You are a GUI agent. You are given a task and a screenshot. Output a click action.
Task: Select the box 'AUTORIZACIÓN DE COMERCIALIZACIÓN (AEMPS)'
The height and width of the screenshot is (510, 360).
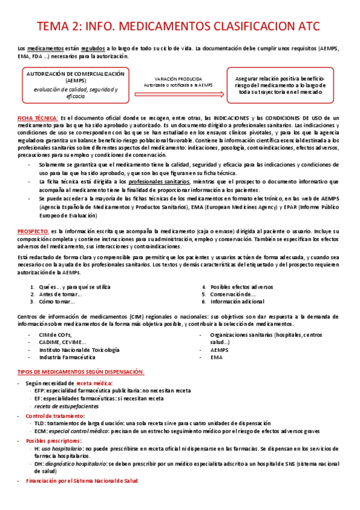(76, 84)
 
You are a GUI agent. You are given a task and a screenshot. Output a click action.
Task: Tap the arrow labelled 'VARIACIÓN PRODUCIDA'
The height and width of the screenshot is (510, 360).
(182, 82)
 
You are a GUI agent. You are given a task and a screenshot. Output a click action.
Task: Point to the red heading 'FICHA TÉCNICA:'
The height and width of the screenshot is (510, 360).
(38, 117)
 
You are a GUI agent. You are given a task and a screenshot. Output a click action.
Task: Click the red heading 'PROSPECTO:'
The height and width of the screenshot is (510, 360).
(35, 231)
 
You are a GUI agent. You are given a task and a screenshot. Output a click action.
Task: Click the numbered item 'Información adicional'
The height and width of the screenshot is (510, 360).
(236, 302)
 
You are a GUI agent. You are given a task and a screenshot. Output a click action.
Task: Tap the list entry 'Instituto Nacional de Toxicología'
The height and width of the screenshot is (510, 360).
(79, 349)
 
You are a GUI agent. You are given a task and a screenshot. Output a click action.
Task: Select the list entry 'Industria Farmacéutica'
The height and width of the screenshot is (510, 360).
(67, 357)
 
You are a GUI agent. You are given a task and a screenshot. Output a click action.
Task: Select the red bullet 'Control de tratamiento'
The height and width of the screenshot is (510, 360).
(54, 416)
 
